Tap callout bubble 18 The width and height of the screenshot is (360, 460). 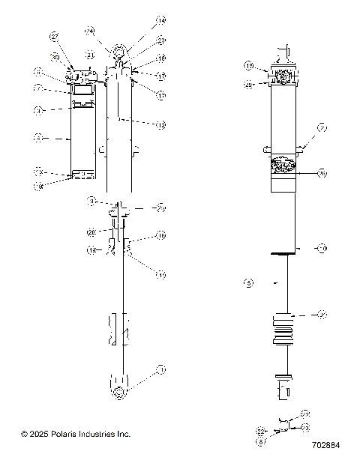[160, 58]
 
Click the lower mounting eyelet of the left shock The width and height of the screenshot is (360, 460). [119, 393]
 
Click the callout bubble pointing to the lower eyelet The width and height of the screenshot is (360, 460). [160, 370]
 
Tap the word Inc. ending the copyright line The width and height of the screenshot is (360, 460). [123, 434]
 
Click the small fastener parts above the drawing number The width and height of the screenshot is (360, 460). [283, 426]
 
